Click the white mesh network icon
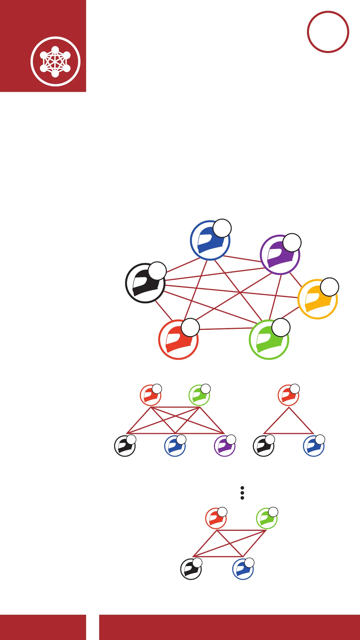click(55, 61)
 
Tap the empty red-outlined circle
click(328, 32)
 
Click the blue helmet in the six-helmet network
click(210, 241)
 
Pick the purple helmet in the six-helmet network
click(280, 255)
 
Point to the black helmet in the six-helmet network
click(145, 283)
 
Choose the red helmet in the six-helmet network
click(178, 340)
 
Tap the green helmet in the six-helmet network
click(269, 340)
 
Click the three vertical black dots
click(242, 493)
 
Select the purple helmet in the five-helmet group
click(224, 446)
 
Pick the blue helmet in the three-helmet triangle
click(314, 446)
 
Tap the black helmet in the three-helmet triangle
click(263, 446)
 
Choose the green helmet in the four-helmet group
click(267, 519)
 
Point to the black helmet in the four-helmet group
click(191, 569)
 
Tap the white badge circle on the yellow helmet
click(329, 287)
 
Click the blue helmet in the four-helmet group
click(243, 569)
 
